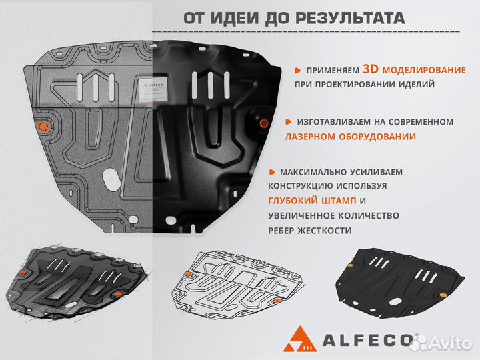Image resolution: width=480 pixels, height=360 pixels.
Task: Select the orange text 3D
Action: [371, 69]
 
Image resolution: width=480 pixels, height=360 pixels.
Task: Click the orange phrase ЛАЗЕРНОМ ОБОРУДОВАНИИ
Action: [351, 136]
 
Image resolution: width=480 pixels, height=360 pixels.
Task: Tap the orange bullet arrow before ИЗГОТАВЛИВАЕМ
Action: [288, 122]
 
